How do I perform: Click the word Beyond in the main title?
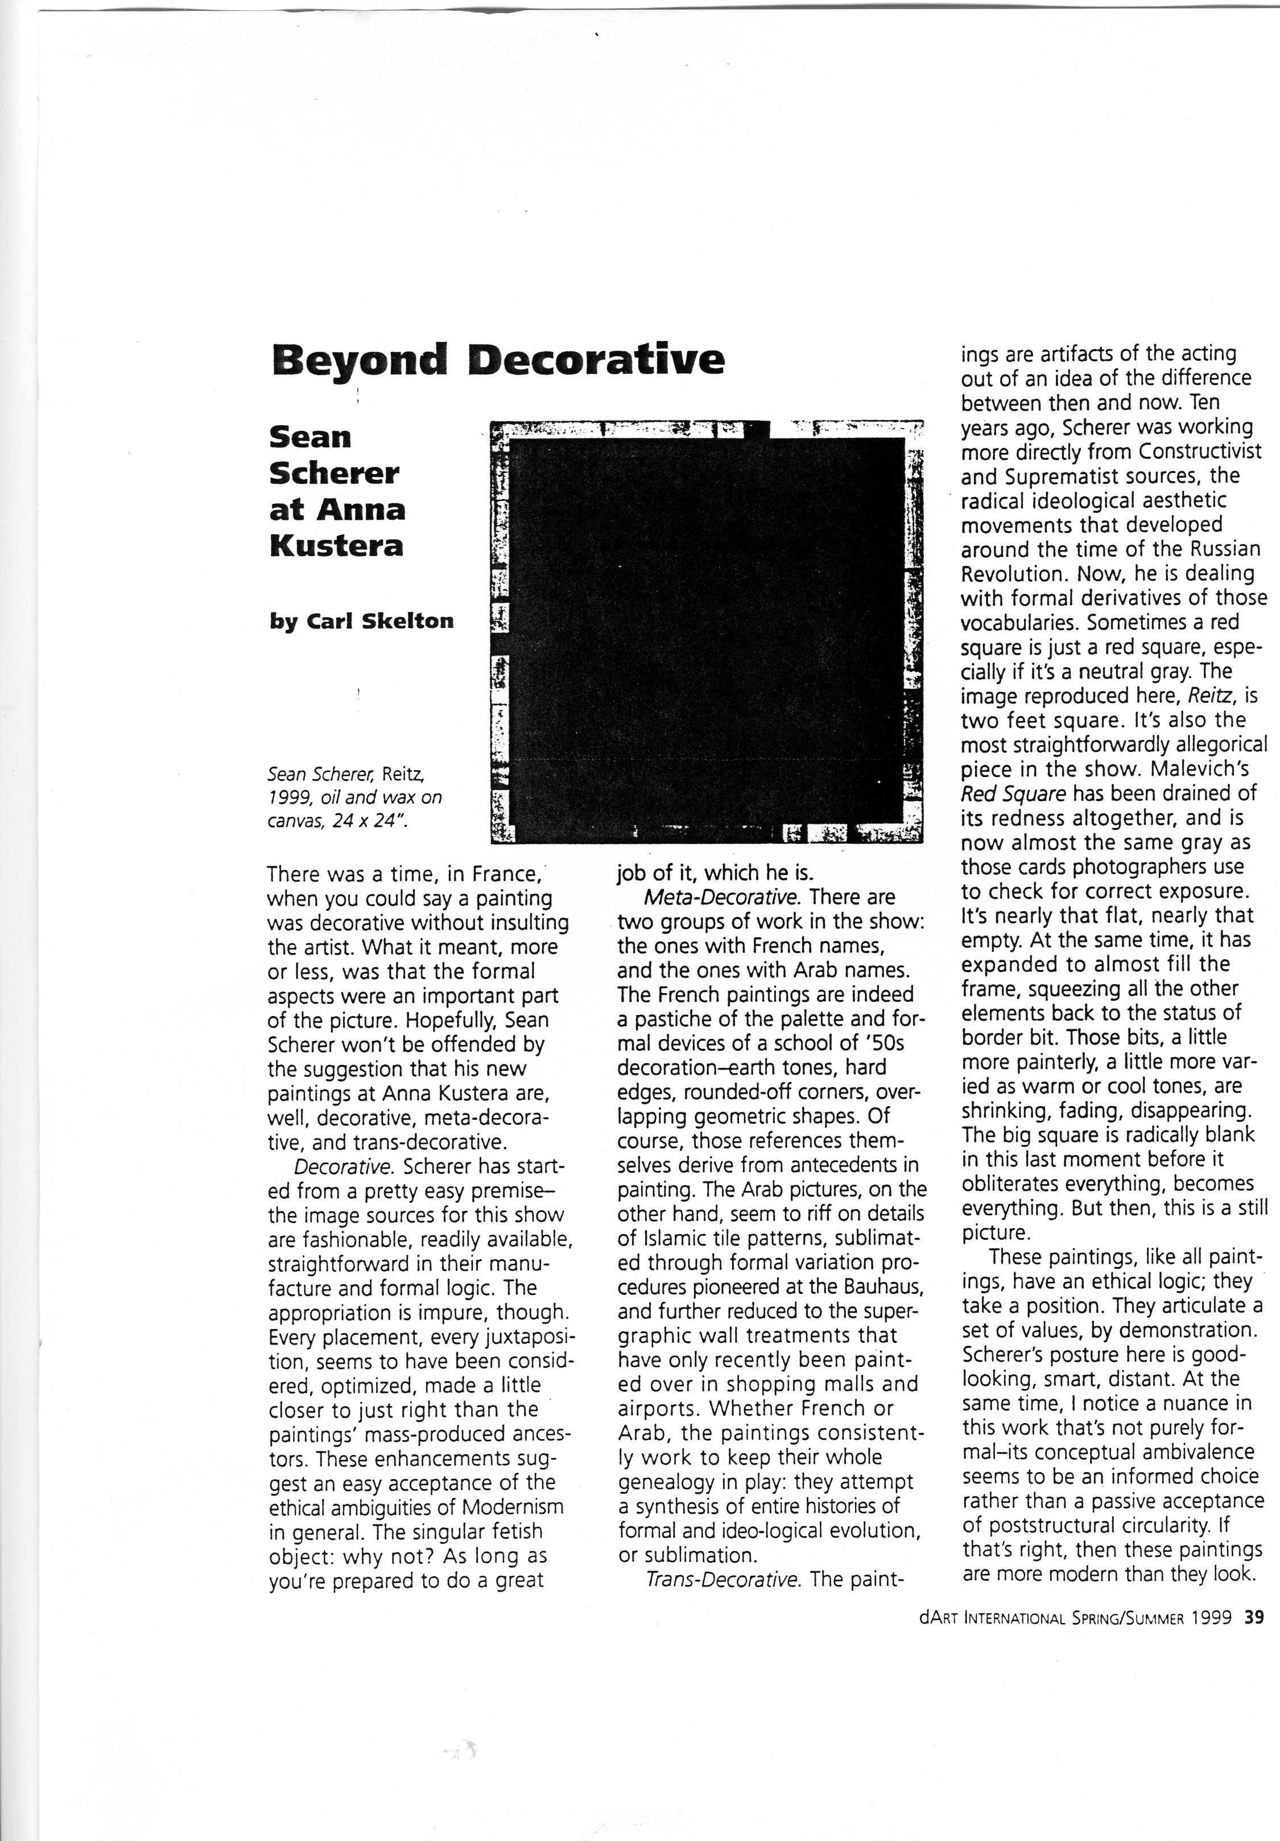(358, 360)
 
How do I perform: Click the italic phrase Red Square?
(1013, 794)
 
